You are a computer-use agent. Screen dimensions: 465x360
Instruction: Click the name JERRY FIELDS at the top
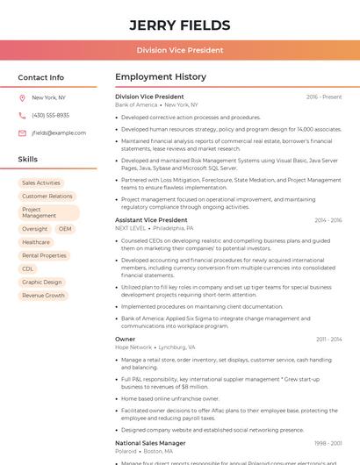[179, 25]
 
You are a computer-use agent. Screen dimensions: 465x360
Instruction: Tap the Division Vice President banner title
[179, 51]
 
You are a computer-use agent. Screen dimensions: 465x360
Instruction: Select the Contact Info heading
[41, 77]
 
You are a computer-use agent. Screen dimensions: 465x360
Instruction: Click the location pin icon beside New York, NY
[22, 98]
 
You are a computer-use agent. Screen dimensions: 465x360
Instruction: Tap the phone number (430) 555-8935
[50, 116]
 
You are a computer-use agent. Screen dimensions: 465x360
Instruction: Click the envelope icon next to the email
[22, 133]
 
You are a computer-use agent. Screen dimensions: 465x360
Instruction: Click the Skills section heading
[28, 160]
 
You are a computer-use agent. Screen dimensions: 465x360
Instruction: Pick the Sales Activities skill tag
[41, 183]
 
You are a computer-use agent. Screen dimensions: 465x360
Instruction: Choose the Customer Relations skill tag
[47, 197]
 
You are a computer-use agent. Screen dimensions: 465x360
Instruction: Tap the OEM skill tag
[66, 229]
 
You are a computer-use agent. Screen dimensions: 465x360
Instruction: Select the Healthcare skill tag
[36, 242]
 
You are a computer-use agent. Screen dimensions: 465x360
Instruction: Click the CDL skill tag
[28, 269]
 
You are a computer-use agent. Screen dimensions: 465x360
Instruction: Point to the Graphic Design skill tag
[42, 283]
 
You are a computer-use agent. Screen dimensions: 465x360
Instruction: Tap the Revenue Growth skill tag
[44, 296]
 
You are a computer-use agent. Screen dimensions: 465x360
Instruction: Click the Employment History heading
[161, 77]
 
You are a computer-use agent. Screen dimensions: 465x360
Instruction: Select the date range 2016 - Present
[324, 97]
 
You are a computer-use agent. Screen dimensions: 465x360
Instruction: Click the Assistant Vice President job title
[151, 220]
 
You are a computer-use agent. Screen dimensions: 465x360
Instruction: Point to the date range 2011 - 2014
[328, 339]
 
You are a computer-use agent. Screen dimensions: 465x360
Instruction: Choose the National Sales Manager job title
[150, 444]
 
